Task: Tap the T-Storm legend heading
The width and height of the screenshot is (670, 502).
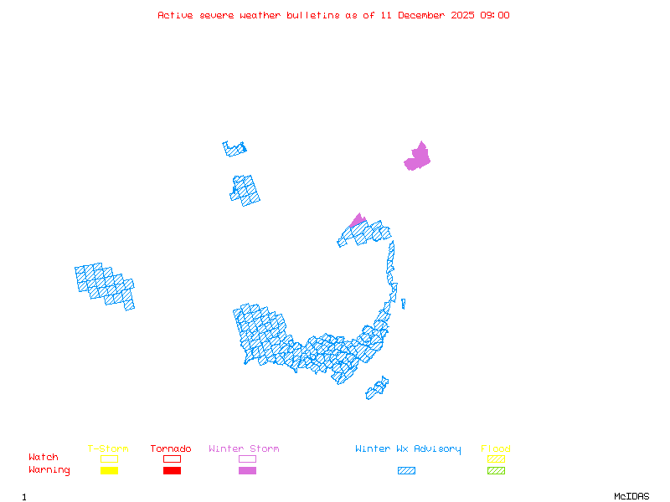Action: pos(108,449)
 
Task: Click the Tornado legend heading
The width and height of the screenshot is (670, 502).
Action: pos(171,449)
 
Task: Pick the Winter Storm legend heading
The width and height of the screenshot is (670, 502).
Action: pos(244,449)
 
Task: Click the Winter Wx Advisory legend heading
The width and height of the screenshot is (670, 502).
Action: pos(408,449)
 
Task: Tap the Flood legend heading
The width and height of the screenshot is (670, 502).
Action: pos(496,449)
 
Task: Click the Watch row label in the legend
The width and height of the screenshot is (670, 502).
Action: pos(44,458)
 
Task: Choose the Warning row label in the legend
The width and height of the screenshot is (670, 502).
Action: pos(49,470)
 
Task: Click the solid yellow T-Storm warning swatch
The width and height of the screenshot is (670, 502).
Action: pos(109,471)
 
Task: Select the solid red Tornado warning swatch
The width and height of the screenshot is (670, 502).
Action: pos(172,471)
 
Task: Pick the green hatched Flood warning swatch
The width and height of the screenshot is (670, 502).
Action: pos(496,471)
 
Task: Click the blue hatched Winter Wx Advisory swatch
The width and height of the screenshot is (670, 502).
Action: pos(406,471)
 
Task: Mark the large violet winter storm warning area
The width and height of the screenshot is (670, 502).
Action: pos(418,157)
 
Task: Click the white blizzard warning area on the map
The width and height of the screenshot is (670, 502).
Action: pos(399,295)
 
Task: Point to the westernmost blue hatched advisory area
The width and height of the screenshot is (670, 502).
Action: pos(105,284)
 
